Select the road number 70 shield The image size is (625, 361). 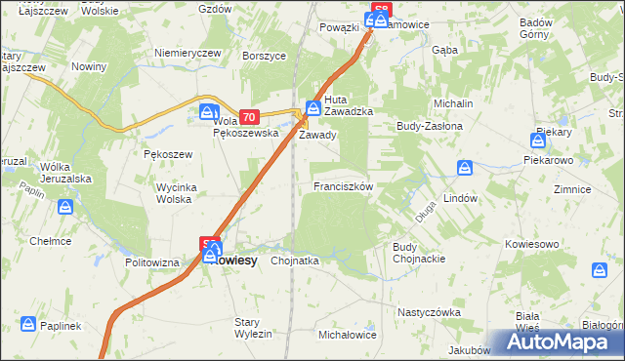point(248,115)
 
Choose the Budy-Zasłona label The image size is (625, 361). point(428,126)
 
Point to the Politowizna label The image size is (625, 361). point(152,263)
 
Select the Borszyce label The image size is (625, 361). point(263,57)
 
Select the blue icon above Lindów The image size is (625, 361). point(465,168)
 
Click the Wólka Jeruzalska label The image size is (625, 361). point(65,173)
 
